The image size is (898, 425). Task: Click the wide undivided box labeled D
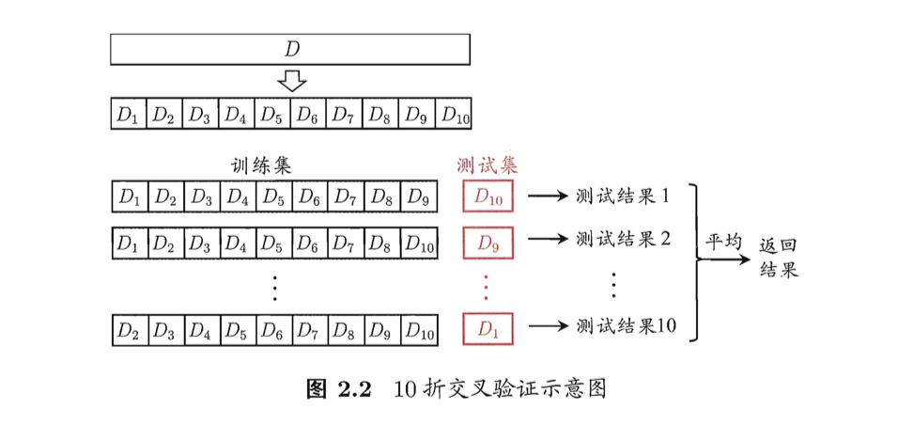tap(290, 49)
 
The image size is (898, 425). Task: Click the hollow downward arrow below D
tap(291, 83)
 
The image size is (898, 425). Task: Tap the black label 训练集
tap(261, 165)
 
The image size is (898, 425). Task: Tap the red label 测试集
tap(488, 165)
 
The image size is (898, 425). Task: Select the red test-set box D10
tap(488, 197)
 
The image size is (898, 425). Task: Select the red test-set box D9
tap(488, 244)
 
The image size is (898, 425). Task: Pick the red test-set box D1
tap(488, 329)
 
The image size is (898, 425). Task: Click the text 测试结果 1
tap(623, 197)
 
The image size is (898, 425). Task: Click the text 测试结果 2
tap(623, 238)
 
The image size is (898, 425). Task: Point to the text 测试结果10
tap(627, 325)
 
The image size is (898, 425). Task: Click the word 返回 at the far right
tap(779, 247)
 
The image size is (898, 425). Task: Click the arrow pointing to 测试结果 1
tap(549, 197)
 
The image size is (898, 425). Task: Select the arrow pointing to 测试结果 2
tap(549, 238)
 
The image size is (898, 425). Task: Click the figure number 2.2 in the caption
tap(351, 389)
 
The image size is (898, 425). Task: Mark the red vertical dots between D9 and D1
tap(486, 288)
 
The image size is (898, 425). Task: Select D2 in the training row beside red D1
tap(130, 330)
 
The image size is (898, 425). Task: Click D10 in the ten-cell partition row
tap(453, 114)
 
